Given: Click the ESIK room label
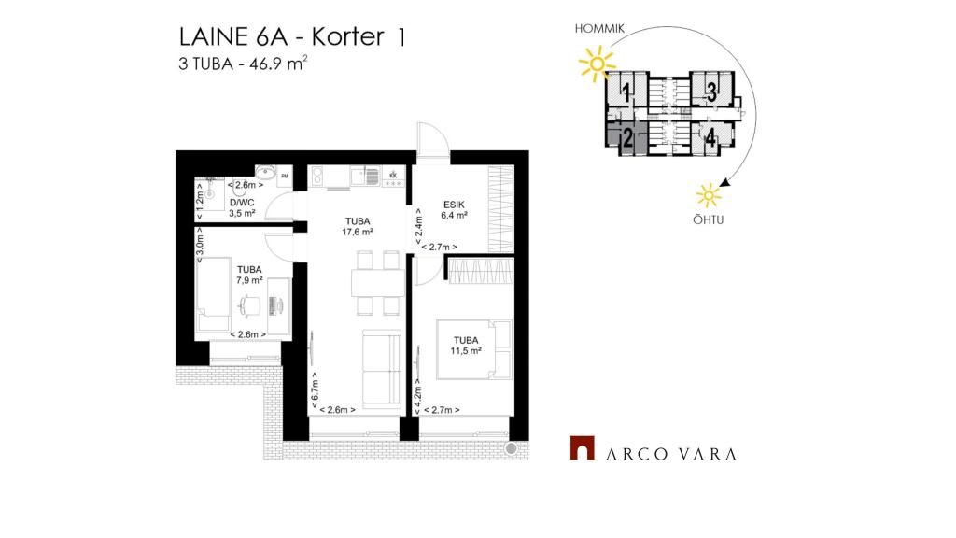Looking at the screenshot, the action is click(x=455, y=205).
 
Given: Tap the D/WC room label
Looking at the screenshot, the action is click(x=242, y=203).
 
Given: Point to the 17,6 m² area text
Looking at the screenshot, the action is click(x=358, y=232).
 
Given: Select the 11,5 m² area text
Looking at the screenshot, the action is click(x=467, y=351).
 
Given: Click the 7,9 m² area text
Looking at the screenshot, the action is click(x=249, y=280).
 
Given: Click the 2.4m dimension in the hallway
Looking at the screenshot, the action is click(x=418, y=226).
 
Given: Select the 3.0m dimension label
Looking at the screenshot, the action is click(x=200, y=246).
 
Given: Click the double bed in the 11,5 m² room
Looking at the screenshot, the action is click(x=473, y=349).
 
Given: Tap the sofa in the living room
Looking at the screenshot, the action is click(x=382, y=369).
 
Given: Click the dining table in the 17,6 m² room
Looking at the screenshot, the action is click(x=378, y=283).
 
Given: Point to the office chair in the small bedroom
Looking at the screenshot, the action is click(x=249, y=305).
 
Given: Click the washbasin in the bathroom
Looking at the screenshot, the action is click(x=265, y=171).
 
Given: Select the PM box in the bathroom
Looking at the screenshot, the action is click(x=285, y=177).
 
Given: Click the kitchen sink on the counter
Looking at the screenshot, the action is click(x=358, y=177).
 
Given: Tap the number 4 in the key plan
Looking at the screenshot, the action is click(x=710, y=138).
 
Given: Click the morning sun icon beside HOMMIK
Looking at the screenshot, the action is click(x=597, y=64).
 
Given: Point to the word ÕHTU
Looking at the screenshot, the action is click(x=709, y=219).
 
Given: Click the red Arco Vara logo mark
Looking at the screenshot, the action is click(x=583, y=447).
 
